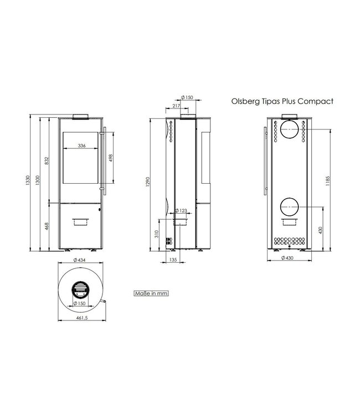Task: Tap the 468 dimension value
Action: [48, 225]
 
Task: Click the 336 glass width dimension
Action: [82, 146]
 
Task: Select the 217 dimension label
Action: [177, 106]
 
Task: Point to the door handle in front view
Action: [103, 160]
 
